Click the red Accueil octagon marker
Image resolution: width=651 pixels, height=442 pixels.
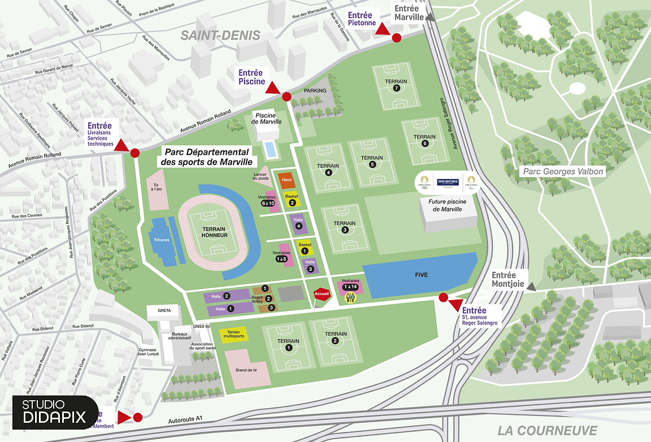coord(322,294)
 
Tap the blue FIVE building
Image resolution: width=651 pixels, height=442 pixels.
coord(420,275)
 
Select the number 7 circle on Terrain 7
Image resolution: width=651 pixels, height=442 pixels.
coord(396,89)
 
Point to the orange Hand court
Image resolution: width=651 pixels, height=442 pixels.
coord(287,180)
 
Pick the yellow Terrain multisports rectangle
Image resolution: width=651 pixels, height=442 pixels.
coord(233,335)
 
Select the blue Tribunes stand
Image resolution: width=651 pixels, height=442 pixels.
coord(162,240)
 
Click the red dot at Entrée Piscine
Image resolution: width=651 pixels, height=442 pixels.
coord(287,97)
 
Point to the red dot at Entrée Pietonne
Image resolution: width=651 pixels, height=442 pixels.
coord(397,38)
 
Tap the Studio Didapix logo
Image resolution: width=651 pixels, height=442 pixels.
coord(54,413)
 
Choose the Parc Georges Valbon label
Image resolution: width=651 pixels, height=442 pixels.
coord(563,171)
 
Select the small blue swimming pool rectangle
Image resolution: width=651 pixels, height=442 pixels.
coord(271,150)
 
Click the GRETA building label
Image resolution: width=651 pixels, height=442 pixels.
coord(163,310)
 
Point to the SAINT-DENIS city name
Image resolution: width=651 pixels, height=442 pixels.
coord(220,36)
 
